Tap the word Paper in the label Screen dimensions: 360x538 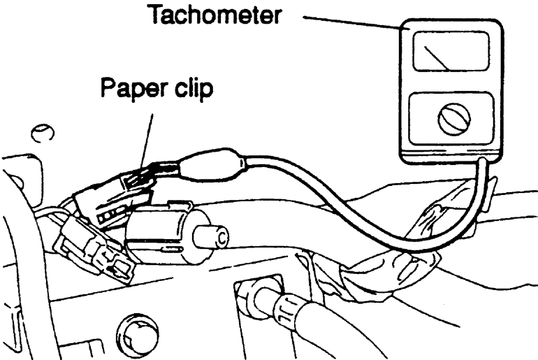pyautogui.click(x=129, y=90)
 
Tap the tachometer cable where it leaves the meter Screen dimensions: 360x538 pyautogui.click(x=482, y=168)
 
